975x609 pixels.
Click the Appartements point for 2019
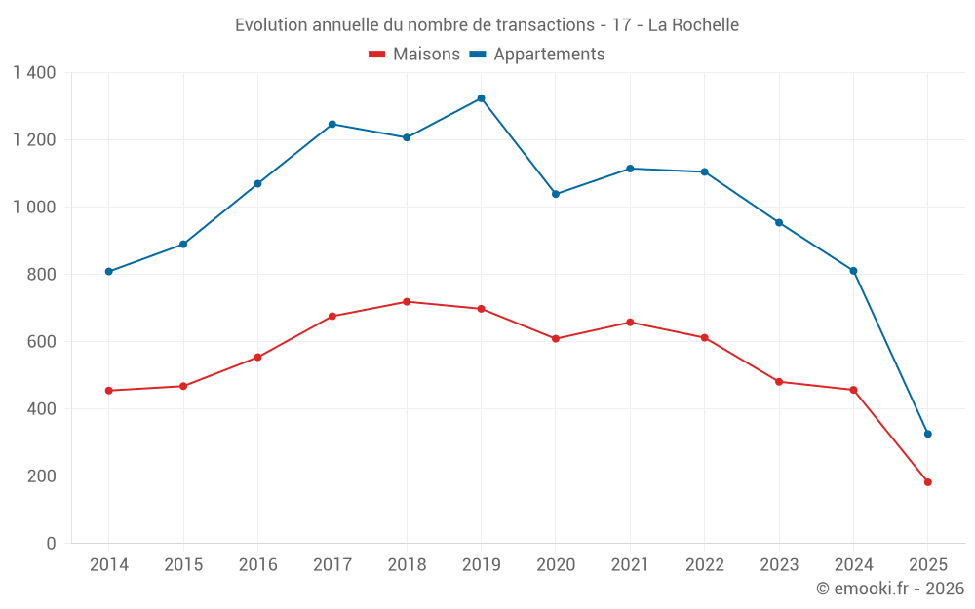[481, 98]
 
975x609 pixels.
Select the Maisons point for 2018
[407, 302]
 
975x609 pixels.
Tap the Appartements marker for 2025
[927, 434]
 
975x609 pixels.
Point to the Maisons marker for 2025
[927, 482]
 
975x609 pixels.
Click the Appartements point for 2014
[108, 272]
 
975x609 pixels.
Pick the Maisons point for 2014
[108, 391]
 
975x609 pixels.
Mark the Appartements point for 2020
[556, 194]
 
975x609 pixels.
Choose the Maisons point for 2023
[779, 382]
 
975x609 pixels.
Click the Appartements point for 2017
[331, 124]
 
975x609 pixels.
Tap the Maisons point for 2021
[630, 323]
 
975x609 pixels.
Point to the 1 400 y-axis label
[35, 73]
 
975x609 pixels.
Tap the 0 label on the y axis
[51, 544]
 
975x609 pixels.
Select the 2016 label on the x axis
[257, 565]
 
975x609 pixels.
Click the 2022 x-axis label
[704, 565]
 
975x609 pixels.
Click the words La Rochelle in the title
[692, 24]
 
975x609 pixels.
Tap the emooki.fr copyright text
[890, 589]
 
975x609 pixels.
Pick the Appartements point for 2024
[853, 271]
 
